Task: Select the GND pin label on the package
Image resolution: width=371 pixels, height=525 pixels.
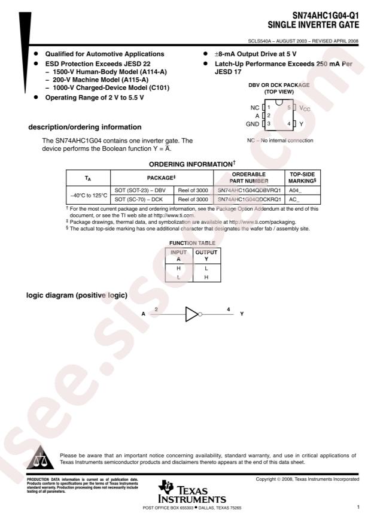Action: coord(253,123)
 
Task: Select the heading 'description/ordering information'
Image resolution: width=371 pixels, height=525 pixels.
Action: coord(85,127)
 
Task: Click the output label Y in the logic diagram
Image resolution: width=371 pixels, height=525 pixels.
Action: coord(242,314)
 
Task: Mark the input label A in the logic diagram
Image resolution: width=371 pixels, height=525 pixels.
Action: coord(142,314)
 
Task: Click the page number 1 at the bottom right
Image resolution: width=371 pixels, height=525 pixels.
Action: coord(358,508)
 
